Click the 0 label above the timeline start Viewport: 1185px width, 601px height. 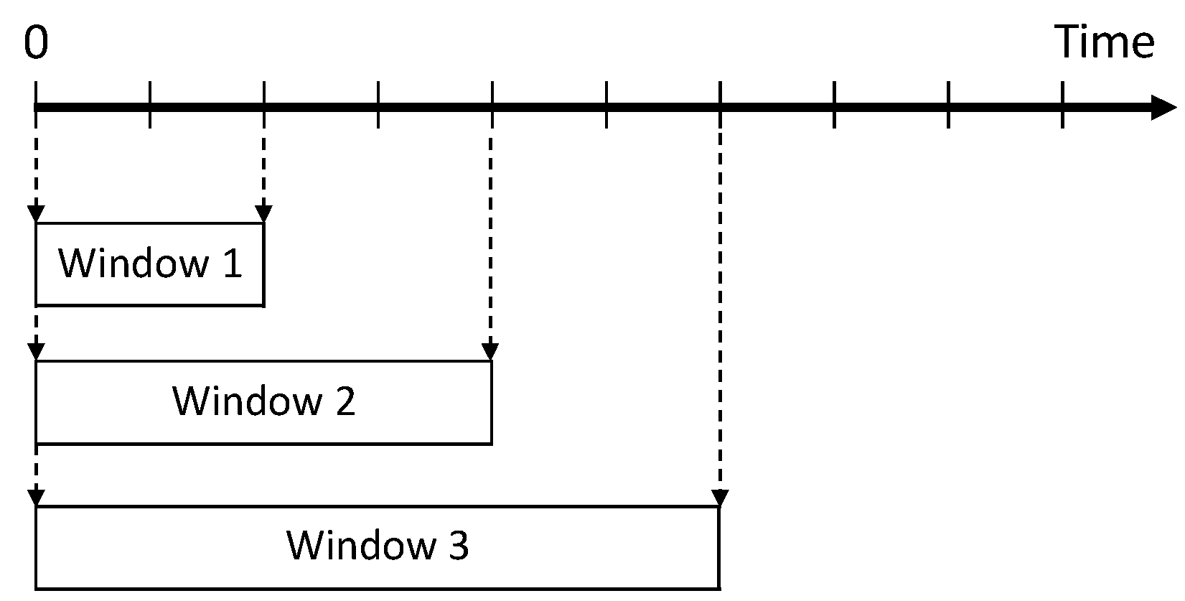click(x=36, y=43)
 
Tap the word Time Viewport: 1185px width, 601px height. click(x=1104, y=42)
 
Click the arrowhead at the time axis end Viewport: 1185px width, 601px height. click(x=1163, y=108)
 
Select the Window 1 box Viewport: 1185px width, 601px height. click(x=150, y=264)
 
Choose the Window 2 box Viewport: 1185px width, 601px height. click(x=263, y=402)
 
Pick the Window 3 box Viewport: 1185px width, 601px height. click(x=378, y=547)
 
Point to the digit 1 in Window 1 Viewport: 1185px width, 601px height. click(x=232, y=264)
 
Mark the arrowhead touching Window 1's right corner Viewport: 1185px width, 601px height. click(x=263, y=214)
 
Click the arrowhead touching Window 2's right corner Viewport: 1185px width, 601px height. click(x=491, y=352)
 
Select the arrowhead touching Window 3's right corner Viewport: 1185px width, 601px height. click(x=720, y=498)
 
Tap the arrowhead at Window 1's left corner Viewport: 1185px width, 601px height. click(x=36, y=214)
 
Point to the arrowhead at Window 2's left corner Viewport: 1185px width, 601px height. click(x=36, y=352)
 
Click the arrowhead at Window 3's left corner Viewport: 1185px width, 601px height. click(x=36, y=498)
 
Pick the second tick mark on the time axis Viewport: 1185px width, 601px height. click(x=150, y=105)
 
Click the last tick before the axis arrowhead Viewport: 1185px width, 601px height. click(x=1062, y=105)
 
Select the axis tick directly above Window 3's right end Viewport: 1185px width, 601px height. click(x=720, y=105)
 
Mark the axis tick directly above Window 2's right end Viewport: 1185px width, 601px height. click(x=492, y=105)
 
